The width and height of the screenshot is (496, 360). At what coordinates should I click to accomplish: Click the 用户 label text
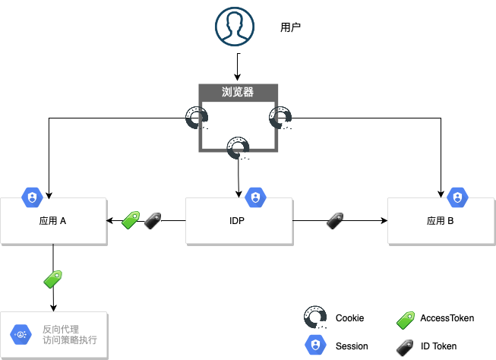(291, 27)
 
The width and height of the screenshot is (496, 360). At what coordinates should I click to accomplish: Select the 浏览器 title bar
(238, 93)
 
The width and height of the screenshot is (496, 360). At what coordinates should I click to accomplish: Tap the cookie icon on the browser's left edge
(197, 118)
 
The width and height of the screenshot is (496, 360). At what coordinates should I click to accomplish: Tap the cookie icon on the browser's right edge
(280, 118)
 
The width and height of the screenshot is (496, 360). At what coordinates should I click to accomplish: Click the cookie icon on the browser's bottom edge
(239, 148)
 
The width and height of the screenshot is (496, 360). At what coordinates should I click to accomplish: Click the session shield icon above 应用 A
(32, 197)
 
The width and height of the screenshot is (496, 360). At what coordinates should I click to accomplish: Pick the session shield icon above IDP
(255, 197)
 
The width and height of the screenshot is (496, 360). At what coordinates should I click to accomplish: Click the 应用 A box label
(52, 222)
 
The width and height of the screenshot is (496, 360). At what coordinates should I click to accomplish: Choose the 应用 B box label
(440, 222)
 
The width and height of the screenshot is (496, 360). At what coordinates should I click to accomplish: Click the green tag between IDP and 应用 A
(131, 221)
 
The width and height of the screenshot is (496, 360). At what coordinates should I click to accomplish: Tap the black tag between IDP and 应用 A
(152, 221)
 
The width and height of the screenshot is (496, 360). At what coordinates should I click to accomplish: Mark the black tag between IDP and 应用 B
(336, 221)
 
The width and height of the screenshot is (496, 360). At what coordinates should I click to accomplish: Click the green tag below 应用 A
(52, 278)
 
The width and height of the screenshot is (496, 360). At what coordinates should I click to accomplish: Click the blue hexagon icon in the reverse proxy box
(20, 334)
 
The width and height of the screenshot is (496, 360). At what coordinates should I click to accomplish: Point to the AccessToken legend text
(447, 318)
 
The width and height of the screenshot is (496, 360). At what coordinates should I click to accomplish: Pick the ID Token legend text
(438, 346)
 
